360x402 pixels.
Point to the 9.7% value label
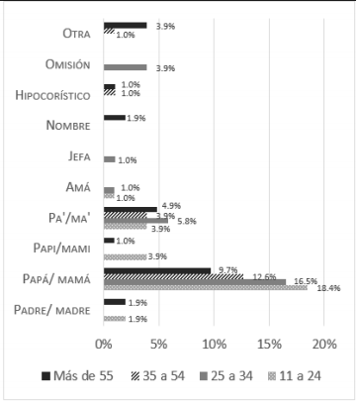[226, 269]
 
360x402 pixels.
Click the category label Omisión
[68, 65]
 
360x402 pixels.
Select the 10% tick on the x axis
[214, 345]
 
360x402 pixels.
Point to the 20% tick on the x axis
[323, 345]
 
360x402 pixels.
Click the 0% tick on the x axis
[103, 345]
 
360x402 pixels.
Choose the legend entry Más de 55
[84, 376]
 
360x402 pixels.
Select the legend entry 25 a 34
[233, 376]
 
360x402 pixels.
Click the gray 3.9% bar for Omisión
[124, 67]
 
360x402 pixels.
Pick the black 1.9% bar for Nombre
[114, 117]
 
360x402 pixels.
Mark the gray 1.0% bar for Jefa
[109, 159]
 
